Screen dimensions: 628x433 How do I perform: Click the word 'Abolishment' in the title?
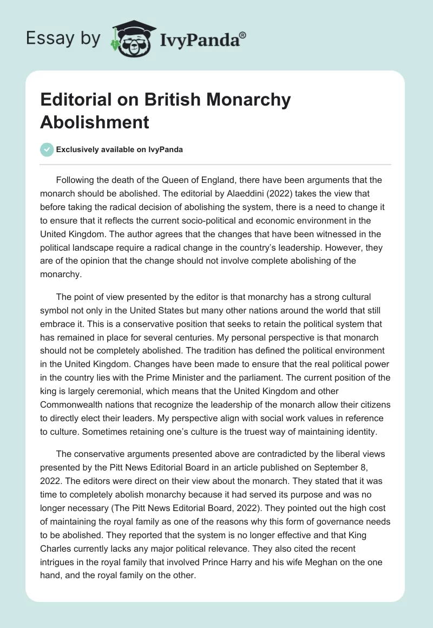click(x=95, y=122)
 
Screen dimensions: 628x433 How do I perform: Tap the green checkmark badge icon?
click(x=47, y=149)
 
